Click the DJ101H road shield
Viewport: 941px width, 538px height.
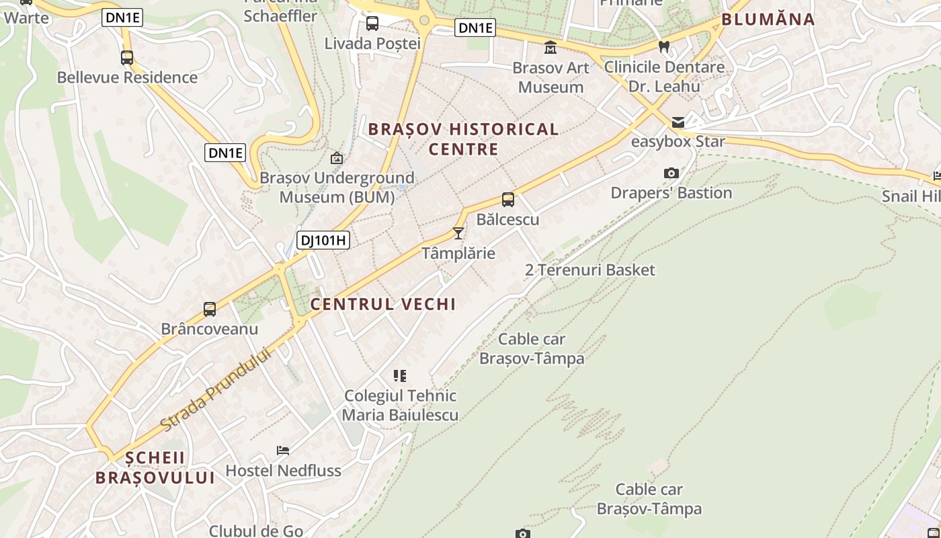323,240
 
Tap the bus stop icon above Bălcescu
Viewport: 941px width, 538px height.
508,200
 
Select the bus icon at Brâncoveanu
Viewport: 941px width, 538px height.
210,309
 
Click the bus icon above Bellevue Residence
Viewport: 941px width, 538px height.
127,58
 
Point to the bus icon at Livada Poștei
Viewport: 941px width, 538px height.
372,24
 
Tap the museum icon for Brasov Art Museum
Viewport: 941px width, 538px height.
550,47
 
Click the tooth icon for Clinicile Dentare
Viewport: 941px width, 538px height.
664,47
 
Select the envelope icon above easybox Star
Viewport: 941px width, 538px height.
678,122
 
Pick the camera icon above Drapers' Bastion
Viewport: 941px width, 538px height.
671,174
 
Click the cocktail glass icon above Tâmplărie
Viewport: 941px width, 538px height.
458,233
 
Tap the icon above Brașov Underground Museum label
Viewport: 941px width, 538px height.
337,159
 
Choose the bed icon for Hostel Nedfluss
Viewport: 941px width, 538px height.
283,451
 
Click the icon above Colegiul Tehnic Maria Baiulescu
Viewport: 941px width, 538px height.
400,376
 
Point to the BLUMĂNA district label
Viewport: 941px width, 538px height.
768,20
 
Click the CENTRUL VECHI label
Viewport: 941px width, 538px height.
382,304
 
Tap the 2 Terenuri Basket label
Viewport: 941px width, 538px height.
589,270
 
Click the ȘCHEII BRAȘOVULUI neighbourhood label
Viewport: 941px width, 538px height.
155,468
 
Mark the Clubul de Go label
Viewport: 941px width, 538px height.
256,531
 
